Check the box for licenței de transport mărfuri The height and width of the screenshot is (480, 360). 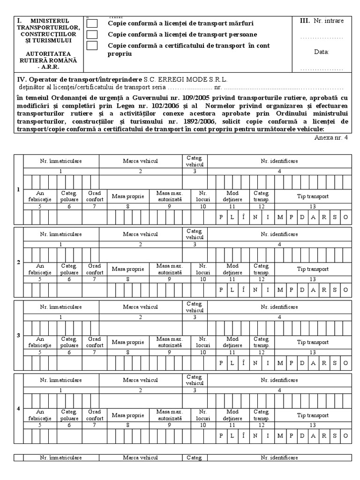click(x=93, y=23)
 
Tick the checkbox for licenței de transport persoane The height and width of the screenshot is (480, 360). click(x=93, y=34)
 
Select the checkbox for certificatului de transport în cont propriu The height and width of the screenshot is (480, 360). click(x=93, y=45)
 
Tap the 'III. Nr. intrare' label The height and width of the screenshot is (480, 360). click(x=321, y=21)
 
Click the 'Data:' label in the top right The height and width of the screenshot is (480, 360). click(x=321, y=52)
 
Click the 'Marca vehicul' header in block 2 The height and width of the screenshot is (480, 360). click(x=141, y=233)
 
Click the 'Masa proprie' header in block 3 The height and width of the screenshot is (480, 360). click(x=128, y=342)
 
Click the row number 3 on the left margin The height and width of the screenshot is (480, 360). click(x=18, y=335)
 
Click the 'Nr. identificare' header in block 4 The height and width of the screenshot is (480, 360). click(x=279, y=379)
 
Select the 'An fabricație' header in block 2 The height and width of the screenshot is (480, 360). click(x=40, y=269)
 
